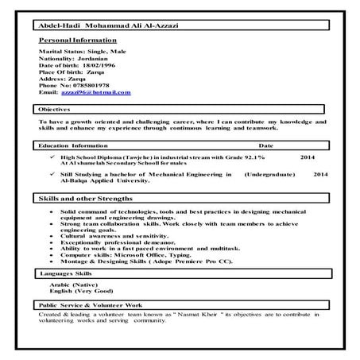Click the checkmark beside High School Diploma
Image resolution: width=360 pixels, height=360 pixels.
pos(50,157)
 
